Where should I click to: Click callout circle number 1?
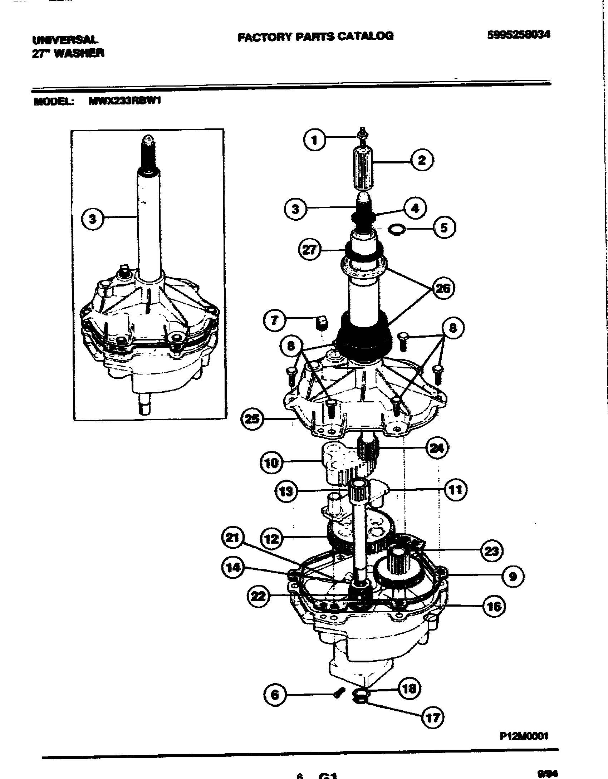click(315, 140)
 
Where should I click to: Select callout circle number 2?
click(422, 160)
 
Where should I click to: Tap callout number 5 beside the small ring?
click(444, 227)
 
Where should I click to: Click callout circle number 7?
click(274, 320)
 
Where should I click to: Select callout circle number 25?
click(252, 418)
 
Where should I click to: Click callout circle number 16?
click(494, 606)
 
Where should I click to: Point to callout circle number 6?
click(275, 695)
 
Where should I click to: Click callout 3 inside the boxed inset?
click(93, 219)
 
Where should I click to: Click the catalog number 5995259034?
click(519, 34)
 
